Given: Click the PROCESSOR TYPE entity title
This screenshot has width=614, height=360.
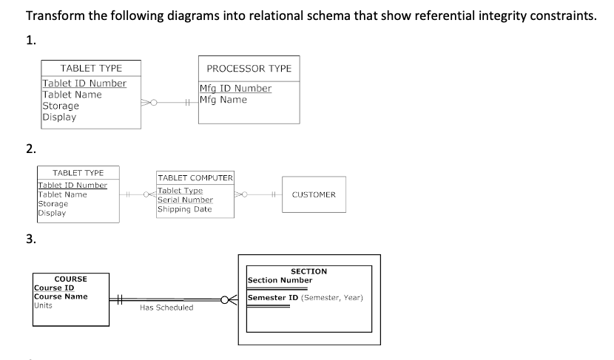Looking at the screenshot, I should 249,68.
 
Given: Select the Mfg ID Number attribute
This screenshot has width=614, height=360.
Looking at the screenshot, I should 235,89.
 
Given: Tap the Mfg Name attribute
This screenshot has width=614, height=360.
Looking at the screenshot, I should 223,99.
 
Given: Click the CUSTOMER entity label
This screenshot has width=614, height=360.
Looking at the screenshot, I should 314,195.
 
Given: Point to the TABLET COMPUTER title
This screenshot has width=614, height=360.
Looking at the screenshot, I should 195,178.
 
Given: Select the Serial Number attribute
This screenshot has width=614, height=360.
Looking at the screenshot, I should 185,200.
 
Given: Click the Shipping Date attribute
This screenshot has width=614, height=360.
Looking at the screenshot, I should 184,208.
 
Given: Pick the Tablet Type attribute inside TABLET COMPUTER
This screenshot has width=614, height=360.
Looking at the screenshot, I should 180,191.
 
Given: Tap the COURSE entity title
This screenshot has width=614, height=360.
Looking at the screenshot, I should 70,279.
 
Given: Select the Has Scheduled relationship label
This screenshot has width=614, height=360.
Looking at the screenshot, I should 166,308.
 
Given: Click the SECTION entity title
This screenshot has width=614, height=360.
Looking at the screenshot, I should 308,272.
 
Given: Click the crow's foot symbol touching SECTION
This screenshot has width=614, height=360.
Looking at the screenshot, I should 232,299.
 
